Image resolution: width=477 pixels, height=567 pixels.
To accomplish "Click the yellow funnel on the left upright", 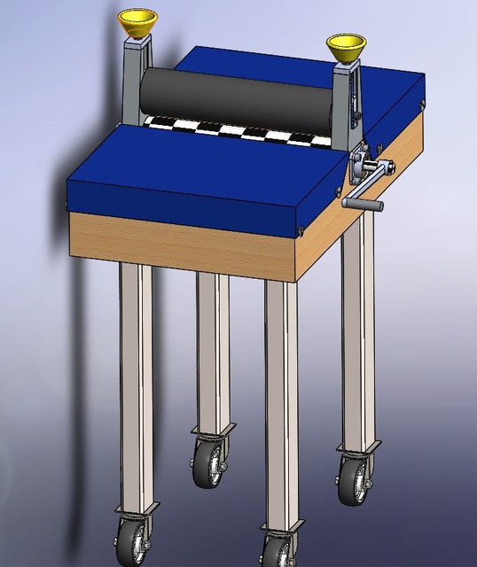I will coord(135,22).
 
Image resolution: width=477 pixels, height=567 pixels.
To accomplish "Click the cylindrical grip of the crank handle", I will coord(363,206).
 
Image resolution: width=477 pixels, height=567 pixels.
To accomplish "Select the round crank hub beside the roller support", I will coord(362,165).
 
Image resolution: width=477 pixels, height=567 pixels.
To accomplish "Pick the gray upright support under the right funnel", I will coord(347,97).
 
